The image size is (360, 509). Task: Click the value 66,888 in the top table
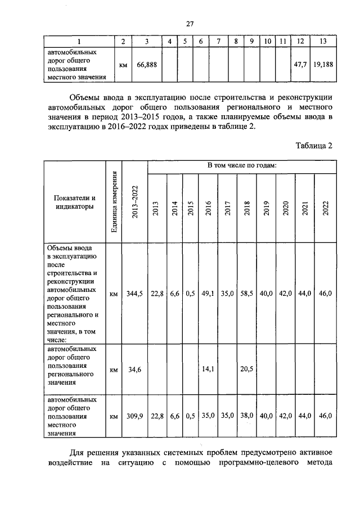click(x=147, y=65)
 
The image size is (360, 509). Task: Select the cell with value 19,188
click(x=323, y=65)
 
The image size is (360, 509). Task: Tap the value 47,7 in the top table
click(x=300, y=65)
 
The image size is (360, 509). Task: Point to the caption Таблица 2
click(x=314, y=145)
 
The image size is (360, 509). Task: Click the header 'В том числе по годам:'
click(x=242, y=166)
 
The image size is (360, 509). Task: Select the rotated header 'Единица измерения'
click(x=114, y=201)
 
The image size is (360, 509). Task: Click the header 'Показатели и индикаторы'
click(x=74, y=202)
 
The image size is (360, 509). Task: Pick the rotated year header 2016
click(x=209, y=208)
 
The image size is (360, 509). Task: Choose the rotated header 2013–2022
click(x=135, y=201)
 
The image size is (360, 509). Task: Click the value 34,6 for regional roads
click(x=135, y=370)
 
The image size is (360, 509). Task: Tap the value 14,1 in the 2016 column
click(x=209, y=370)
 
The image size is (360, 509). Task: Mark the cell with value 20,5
click(x=246, y=370)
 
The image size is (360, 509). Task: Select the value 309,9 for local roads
click(x=135, y=416)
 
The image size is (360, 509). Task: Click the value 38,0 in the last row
click(x=246, y=416)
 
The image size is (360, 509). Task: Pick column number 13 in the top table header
click(x=323, y=42)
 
